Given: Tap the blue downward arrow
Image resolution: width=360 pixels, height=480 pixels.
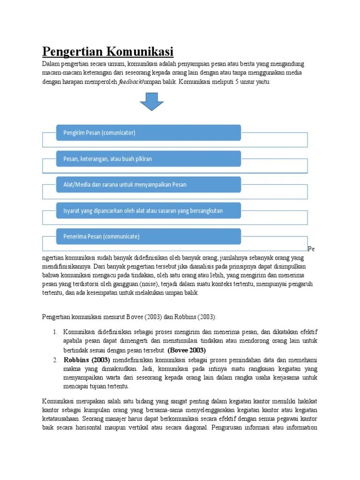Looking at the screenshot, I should [x=152, y=101].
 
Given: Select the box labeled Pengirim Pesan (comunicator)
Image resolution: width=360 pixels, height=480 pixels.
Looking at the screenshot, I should [x=148, y=133].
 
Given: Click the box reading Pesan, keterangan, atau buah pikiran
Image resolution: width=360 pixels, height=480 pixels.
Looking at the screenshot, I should [x=148, y=158].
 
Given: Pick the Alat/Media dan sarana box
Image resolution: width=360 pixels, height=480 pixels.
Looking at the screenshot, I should [x=148, y=184].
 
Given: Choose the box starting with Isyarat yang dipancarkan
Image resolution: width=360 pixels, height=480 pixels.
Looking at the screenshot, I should [x=148, y=210].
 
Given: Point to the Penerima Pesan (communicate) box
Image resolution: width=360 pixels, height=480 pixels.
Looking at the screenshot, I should [x=148, y=236].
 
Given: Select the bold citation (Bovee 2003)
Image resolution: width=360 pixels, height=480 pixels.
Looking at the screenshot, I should [x=187, y=350].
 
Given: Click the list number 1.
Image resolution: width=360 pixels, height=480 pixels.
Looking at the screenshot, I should [x=55, y=332].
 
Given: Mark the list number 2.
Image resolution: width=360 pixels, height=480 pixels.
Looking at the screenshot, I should [x=55, y=360].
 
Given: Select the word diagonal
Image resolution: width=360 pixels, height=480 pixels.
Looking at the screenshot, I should [x=195, y=427].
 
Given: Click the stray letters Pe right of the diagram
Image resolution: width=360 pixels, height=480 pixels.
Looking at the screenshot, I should [x=311, y=249].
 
